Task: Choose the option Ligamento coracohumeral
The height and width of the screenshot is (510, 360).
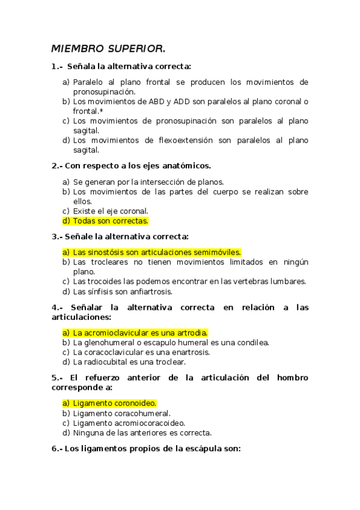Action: click(121, 413)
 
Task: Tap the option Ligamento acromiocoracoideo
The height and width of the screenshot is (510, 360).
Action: click(128, 423)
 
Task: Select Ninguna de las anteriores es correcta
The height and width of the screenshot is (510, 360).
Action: click(142, 432)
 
